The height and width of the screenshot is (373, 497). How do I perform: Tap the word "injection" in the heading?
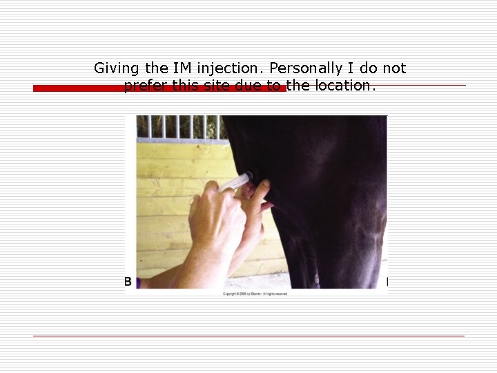coord(226,68)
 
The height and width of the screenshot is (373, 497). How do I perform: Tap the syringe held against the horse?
coord(236,182)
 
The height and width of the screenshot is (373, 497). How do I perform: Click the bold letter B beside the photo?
coord(128,282)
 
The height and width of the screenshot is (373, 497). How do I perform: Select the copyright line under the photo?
coord(255,294)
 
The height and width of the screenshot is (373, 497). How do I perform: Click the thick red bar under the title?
coord(159,88)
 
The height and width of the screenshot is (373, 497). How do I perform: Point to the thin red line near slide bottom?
coord(248,336)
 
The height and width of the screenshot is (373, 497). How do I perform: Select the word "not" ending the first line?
coord(395,68)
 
